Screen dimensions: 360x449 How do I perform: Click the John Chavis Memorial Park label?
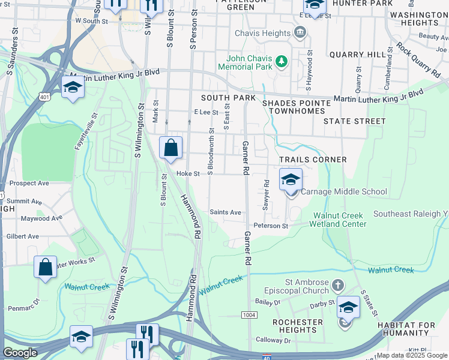[249, 62]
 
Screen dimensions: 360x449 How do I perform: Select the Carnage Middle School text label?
[343, 192]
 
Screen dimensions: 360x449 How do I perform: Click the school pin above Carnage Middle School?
[291, 179]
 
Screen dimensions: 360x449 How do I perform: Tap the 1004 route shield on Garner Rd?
[249, 315]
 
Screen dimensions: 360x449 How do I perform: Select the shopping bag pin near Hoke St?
[171, 147]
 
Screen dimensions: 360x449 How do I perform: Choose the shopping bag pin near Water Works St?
[46, 267]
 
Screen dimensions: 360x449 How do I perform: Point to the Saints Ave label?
[225, 212]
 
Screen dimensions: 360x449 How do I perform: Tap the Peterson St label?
[271, 226]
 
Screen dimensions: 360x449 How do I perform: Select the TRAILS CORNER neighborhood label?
[313, 160]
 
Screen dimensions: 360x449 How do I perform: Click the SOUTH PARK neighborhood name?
[228, 98]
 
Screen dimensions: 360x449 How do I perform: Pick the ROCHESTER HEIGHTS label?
[297, 326]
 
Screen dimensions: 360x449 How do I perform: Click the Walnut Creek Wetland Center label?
[337, 220]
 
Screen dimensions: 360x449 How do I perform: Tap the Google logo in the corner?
[20, 353]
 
